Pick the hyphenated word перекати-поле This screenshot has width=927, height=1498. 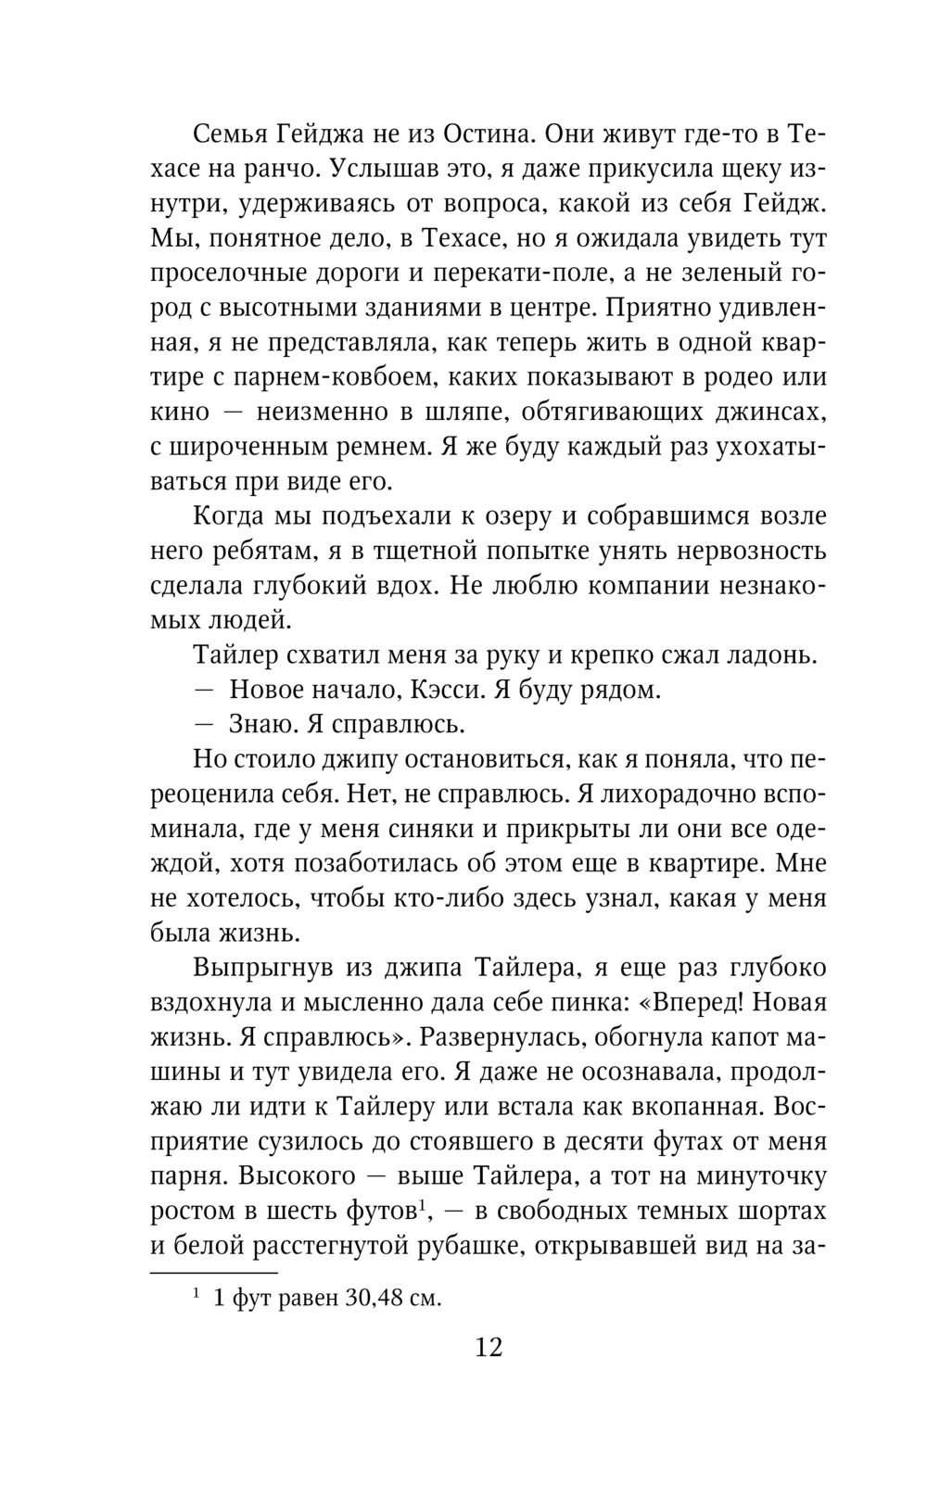pos(498,274)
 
